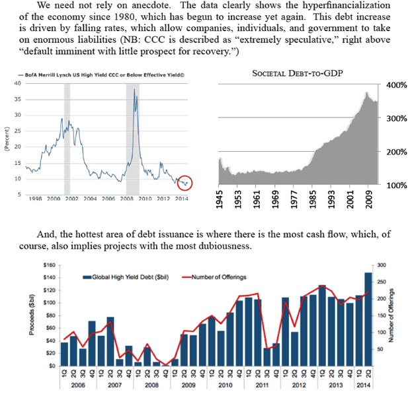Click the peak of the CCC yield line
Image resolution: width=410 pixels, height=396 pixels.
135,90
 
